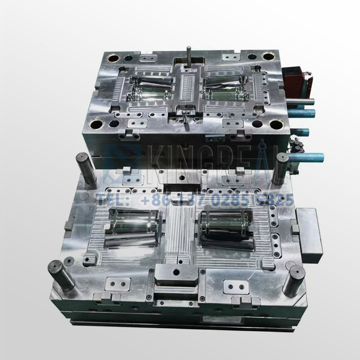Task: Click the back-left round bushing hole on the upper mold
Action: click(x=111, y=57)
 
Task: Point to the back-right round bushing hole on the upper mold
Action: click(x=268, y=57)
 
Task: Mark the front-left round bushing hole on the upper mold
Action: click(x=98, y=124)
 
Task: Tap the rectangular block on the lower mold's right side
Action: click(x=310, y=236)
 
